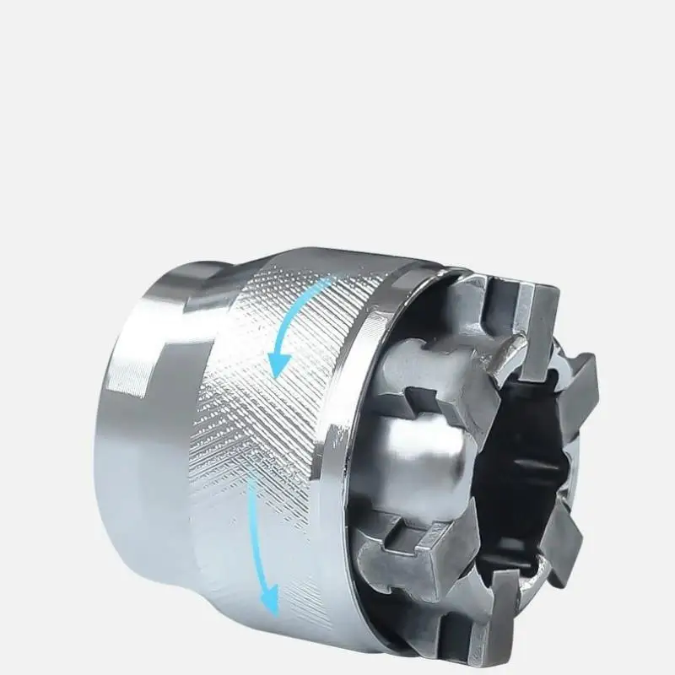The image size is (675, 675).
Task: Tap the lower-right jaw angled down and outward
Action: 582,540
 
